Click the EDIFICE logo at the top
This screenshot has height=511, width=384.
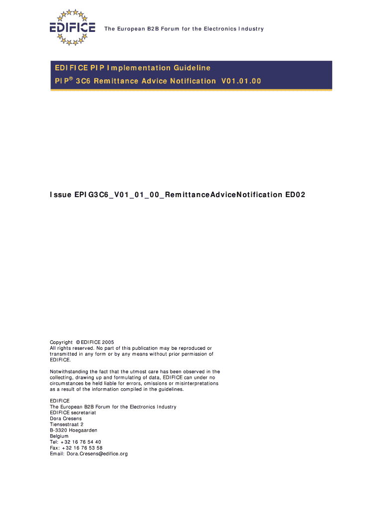tap(72, 27)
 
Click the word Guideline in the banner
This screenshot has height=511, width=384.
tap(192, 68)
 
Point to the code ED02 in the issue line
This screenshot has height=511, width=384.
tap(295, 195)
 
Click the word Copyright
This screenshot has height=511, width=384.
tap(61, 342)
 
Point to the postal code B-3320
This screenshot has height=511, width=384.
tap(56, 430)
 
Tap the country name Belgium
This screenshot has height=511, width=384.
tap(59, 436)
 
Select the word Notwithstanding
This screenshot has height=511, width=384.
tap(68, 372)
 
